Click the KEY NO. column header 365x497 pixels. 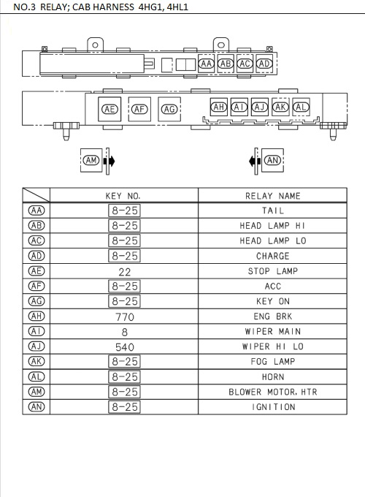123,196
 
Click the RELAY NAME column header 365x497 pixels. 273,196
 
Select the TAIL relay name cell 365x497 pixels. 273,210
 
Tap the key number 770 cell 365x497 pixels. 123,316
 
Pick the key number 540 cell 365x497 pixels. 123,346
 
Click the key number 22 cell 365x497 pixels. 123,271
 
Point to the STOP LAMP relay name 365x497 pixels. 273,271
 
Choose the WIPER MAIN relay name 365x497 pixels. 273,331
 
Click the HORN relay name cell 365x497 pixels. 273,376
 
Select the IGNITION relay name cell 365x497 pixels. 273,407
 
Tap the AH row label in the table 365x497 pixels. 36,316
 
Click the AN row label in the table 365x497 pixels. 36,407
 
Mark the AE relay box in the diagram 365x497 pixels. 109,109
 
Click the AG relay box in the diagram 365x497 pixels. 169,109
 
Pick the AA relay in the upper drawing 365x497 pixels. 207,64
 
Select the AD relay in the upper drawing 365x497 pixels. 265,64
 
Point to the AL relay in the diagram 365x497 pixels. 300,107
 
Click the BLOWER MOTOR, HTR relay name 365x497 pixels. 273,392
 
